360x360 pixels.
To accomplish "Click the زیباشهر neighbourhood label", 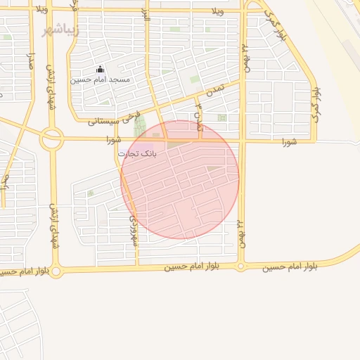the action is (60, 30).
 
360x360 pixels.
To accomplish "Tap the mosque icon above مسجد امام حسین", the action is (100, 70).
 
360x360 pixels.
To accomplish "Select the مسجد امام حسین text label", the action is (101, 79).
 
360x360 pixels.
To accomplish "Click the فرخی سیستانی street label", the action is (116, 119).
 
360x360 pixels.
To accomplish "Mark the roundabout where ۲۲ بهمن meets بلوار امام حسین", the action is (240, 266).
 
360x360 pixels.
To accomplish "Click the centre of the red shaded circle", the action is (180, 179).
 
